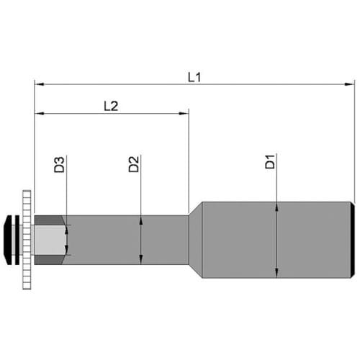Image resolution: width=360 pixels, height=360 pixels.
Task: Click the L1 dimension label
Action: click(194, 78)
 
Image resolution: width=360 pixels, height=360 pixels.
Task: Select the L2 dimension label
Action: click(111, 106)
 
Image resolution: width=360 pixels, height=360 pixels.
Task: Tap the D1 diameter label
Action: click(270, 162)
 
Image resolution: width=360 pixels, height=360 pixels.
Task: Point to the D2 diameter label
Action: click(134, 164)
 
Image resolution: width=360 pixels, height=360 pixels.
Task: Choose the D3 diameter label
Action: click(59, 165)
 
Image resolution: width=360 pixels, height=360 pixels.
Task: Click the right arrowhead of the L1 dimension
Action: click(350, 84)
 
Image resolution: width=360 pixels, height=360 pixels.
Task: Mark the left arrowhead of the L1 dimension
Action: click(39, 84)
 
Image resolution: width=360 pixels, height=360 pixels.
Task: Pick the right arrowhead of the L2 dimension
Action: click(184, 113)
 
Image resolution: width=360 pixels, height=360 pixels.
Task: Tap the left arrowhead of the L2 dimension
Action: click(39, 113)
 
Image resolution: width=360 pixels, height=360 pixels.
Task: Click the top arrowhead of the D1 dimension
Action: click(277, 207)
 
